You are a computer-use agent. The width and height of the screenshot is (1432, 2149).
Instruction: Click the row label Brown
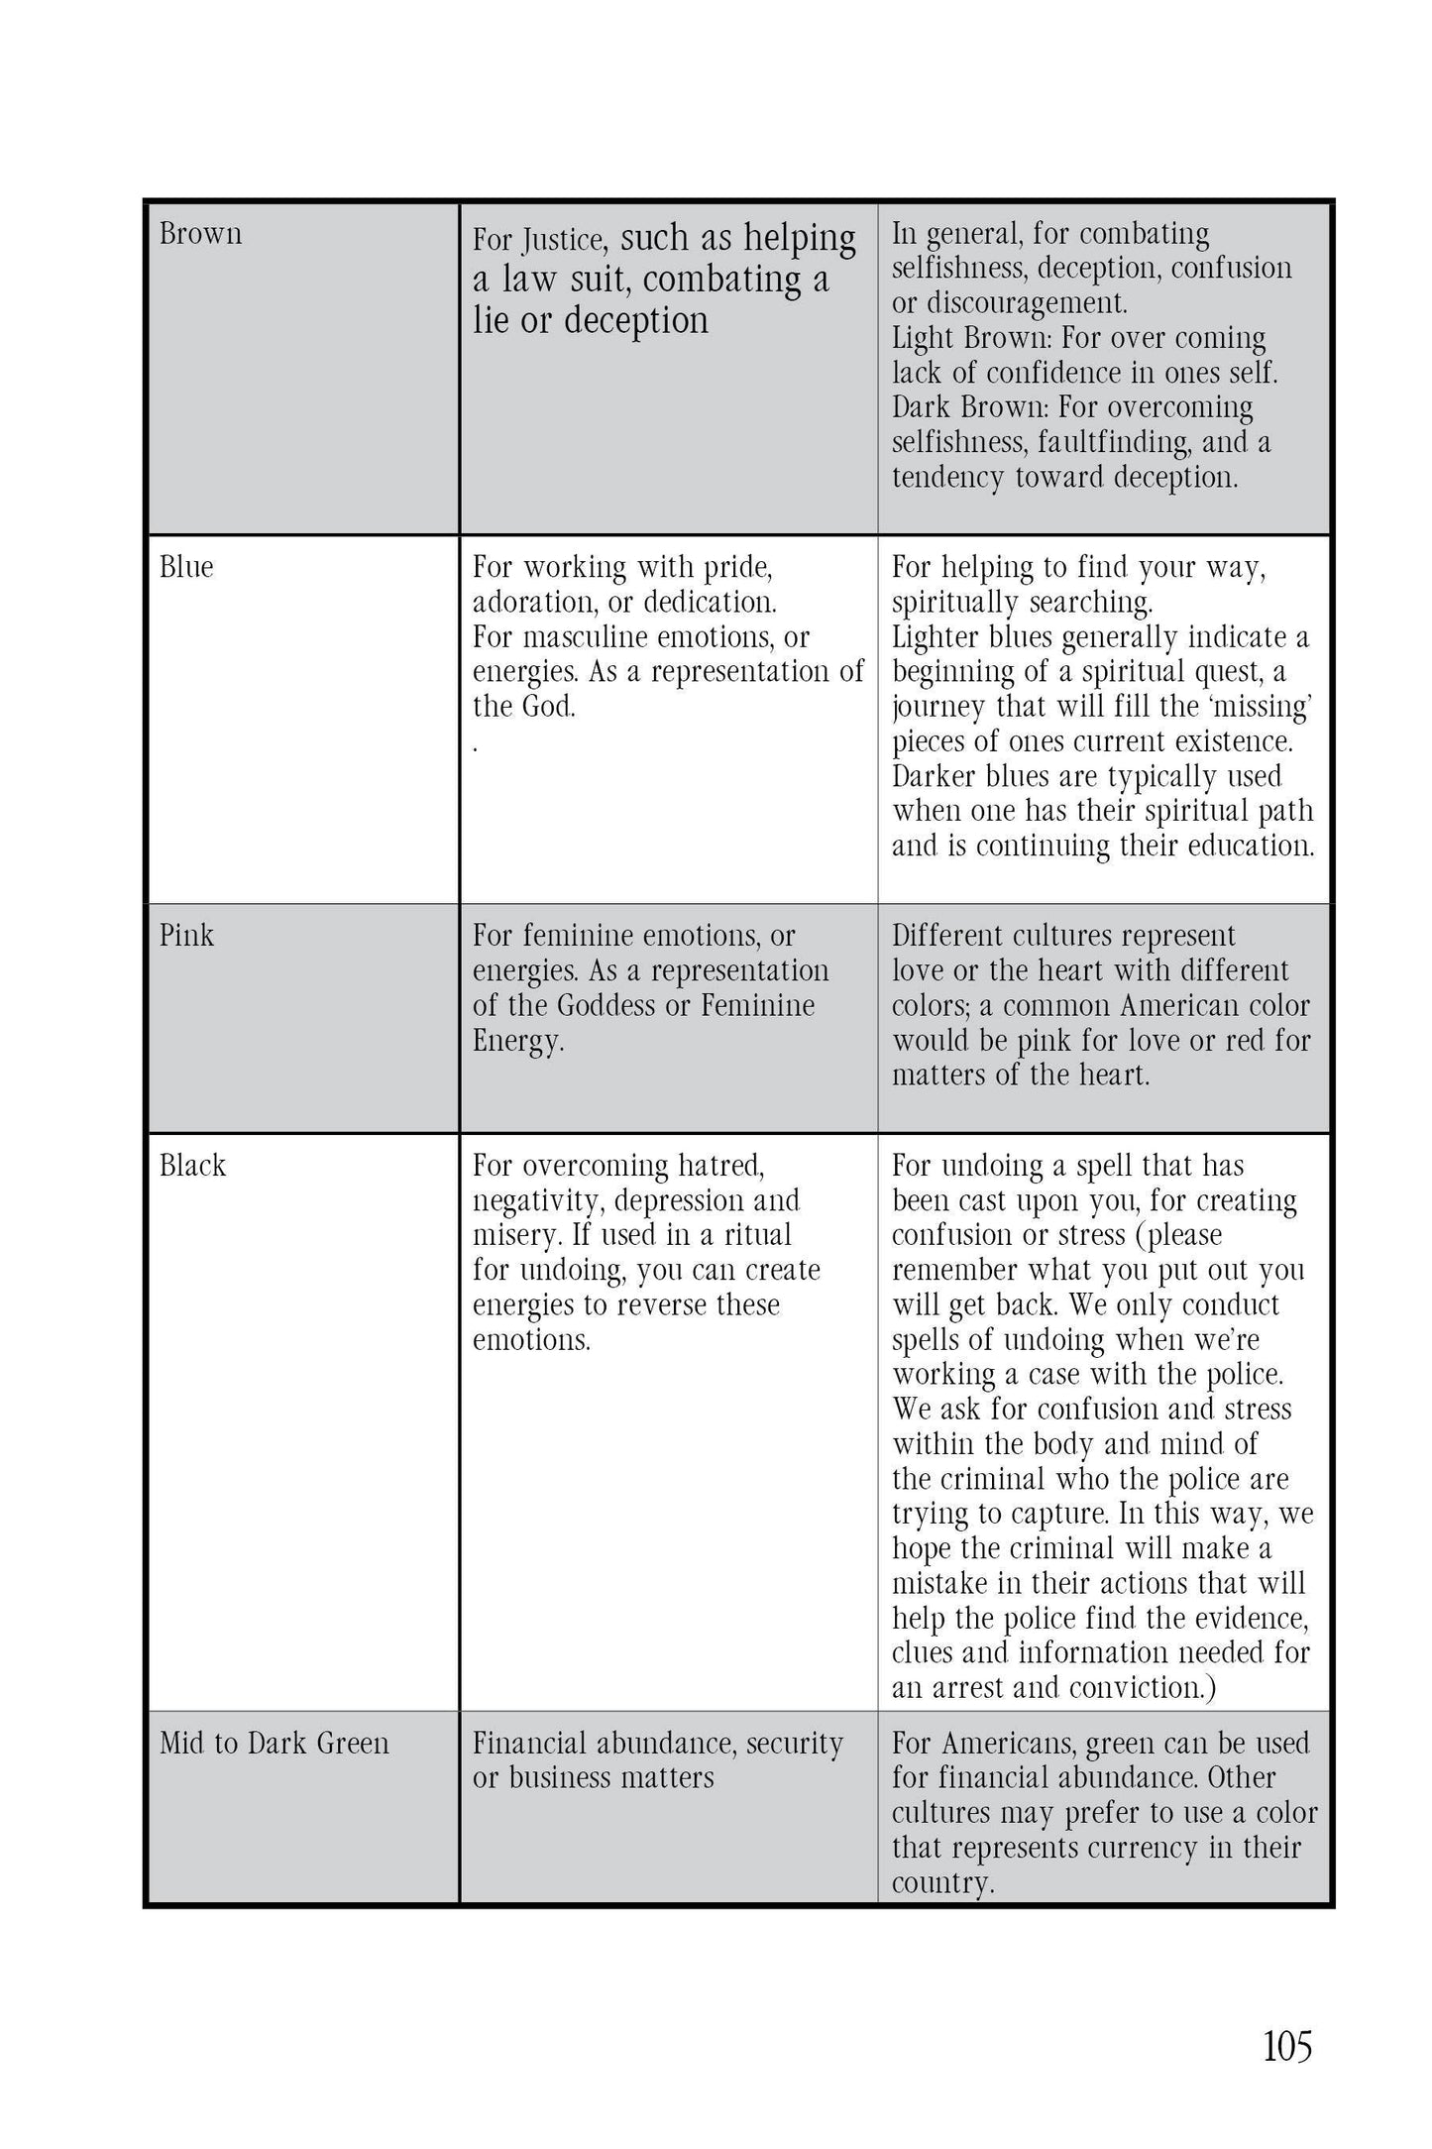tap(200, 234)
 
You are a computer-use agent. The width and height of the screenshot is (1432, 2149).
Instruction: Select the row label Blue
tap(186, 567)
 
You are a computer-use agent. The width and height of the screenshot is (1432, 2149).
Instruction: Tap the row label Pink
tap(186, 936)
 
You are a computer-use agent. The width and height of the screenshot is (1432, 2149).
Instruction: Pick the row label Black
tap(192, 1166)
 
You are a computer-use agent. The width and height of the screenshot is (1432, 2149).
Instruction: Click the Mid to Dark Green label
tap(275, 1744)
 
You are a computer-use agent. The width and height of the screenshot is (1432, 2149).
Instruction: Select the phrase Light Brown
tap(970, 339)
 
